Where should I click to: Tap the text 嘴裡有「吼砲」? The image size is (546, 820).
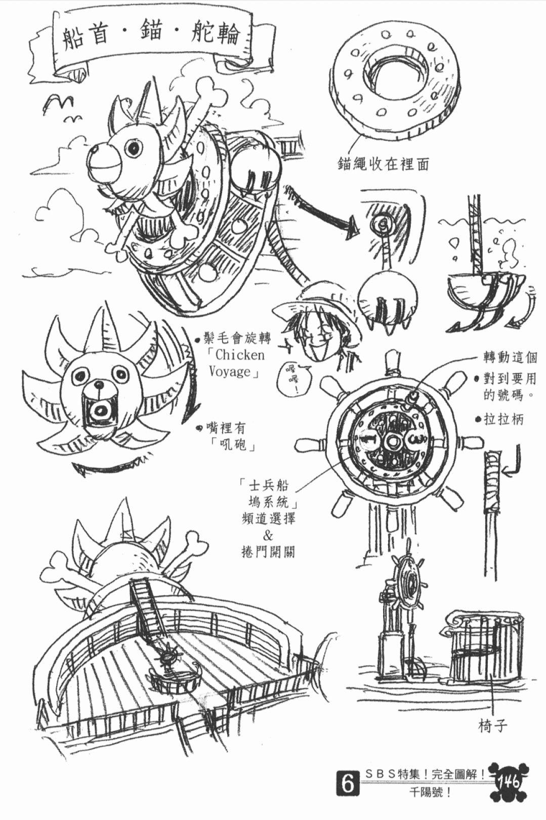click(228, 437)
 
